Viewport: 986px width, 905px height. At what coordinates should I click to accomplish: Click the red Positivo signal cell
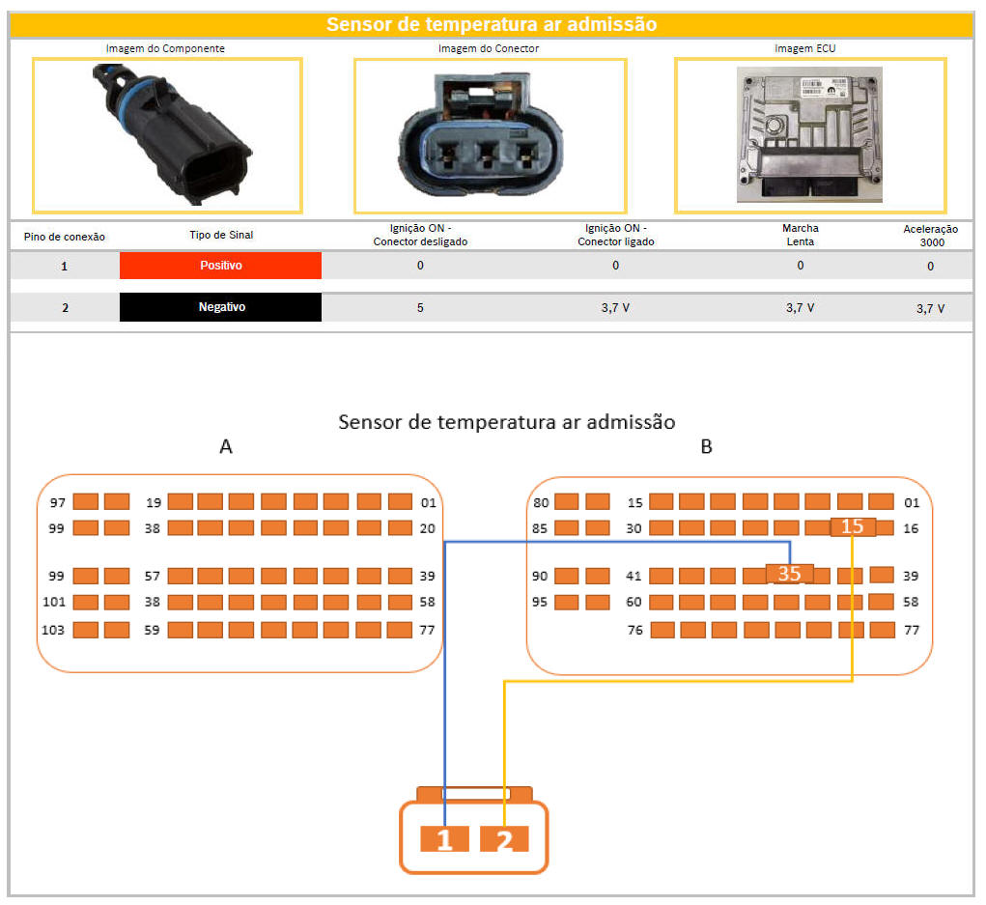[x=220, y=266]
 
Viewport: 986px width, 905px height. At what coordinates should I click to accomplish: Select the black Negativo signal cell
[x=220, y=307]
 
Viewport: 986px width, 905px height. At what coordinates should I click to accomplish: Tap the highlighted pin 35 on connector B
[x=789, y=574]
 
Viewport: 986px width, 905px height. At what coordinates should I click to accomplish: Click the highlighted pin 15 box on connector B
[x=853, y=527]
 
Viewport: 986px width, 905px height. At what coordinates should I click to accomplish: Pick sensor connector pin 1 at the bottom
[x=444, y=840]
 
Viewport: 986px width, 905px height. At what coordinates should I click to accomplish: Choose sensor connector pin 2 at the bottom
[x=504, y=840]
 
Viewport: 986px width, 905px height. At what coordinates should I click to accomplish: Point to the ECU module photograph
[x=809, y=134]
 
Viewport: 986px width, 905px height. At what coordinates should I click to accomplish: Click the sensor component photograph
[x=167, y=135]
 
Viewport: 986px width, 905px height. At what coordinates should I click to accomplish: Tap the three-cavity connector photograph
[x=490, y=135]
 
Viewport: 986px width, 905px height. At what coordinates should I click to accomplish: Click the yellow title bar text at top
[x=492, y=25]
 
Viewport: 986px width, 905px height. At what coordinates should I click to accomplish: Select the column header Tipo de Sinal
[x=221, y=236]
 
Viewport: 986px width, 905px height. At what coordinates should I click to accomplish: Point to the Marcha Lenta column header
[x=801, y=235]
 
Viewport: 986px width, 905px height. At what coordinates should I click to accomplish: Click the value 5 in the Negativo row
[x=420, y=307]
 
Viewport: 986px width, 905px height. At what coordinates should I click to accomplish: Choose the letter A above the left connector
[x=226, y=447]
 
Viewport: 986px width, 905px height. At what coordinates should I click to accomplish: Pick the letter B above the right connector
[x=706, y=447]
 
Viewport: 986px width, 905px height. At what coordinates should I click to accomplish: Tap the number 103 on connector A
[x=54, y=630]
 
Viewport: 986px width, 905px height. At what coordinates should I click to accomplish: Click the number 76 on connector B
[x=635, y=631]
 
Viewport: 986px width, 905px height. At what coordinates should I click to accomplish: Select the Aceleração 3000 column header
[x=930, y=236]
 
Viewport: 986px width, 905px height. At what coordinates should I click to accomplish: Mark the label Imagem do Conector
[x=489, y=48]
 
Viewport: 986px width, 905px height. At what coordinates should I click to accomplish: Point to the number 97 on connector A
[x=58, y=502]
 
